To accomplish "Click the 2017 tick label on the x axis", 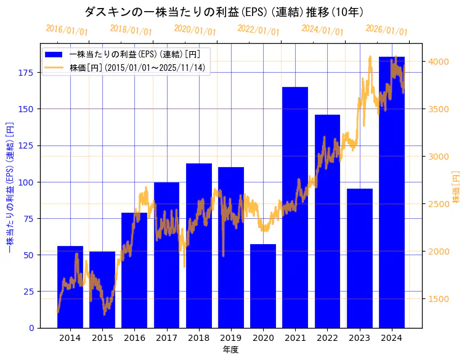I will (166, 338).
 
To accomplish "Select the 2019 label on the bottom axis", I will (231, 338).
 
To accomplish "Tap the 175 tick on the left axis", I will (26, 73).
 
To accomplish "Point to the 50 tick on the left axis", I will (28, 255).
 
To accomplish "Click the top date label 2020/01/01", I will (195, 30).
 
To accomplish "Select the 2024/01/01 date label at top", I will (322, 30).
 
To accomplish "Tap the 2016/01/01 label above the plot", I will (67, 30).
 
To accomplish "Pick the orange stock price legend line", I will (54, 67).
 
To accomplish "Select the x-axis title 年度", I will (230, 350).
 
